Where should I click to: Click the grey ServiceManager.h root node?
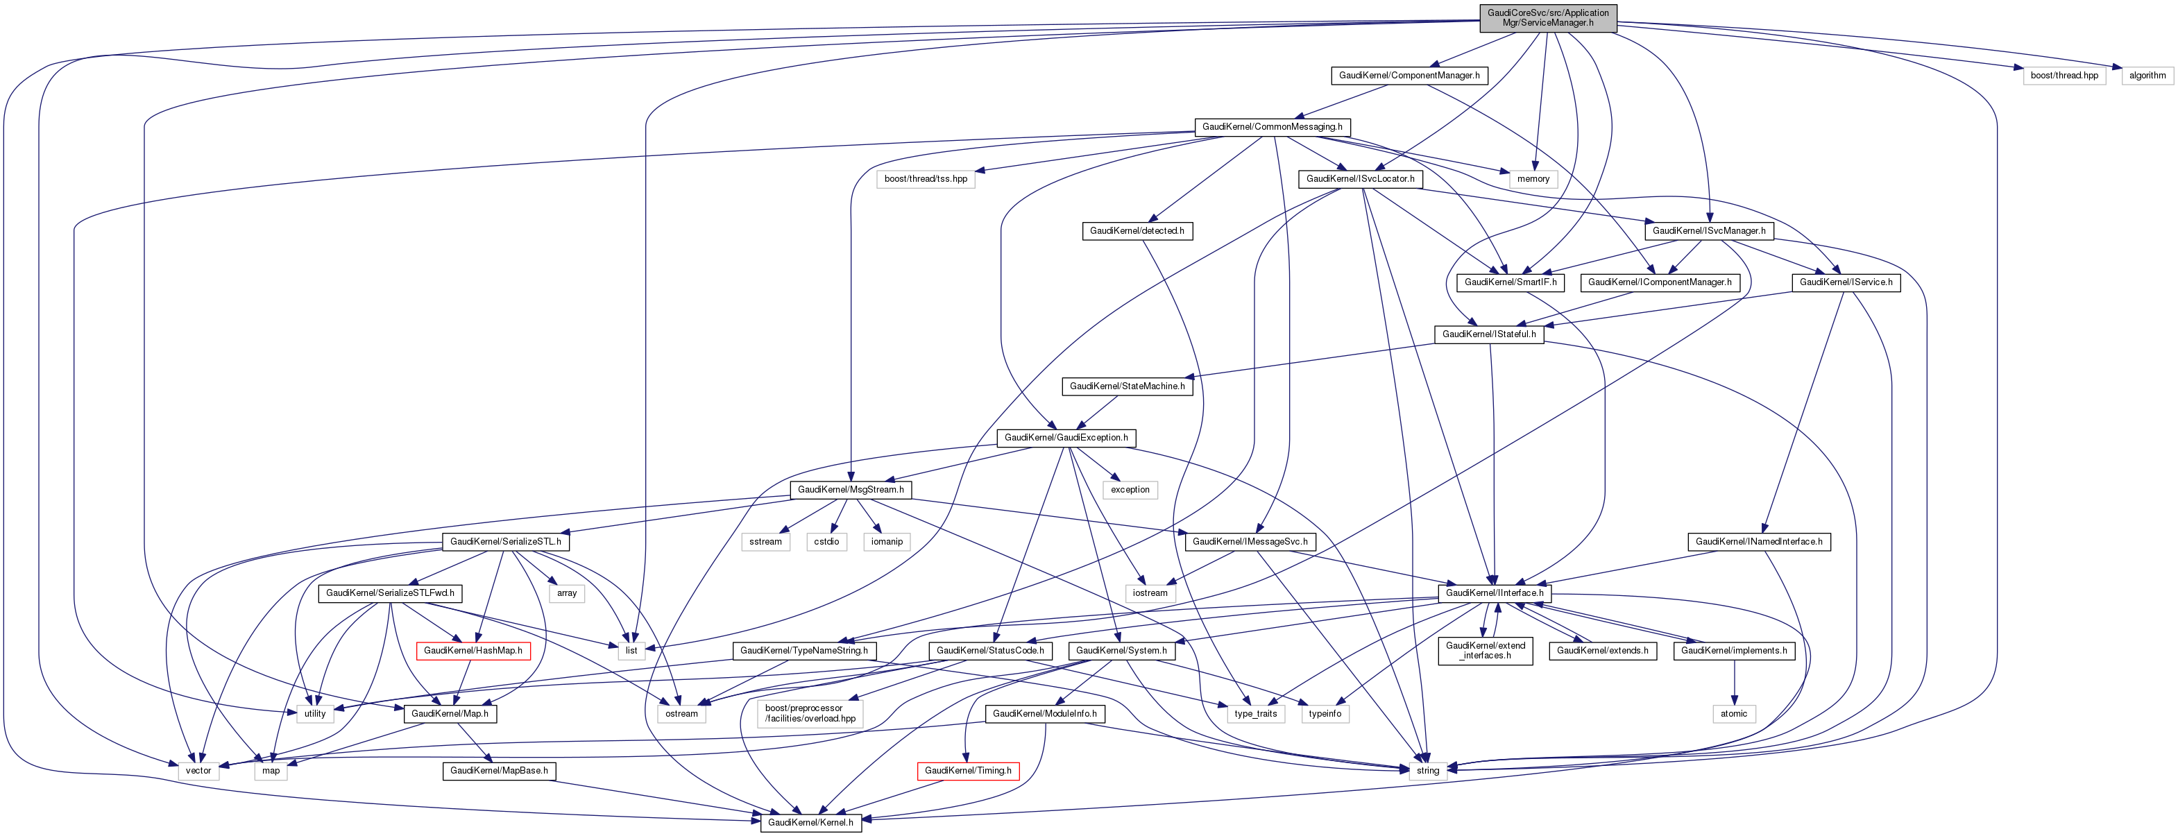(1547, 18)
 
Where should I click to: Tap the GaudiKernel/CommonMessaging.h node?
(1272, 127)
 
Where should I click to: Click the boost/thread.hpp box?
(2064, 75)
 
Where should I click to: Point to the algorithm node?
(2147, 75)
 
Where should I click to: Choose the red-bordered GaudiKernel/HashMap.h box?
(473, 651)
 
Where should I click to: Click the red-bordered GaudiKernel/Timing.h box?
(967, 771)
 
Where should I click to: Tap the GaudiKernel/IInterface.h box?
(1494, 593)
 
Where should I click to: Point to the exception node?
(1130, 489)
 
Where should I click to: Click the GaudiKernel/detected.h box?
(1137, 231)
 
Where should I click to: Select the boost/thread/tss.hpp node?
(925, 179)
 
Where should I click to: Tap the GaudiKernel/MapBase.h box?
(499, 771)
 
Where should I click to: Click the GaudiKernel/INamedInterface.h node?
(1759, 542)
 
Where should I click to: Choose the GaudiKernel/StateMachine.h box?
(1127, 386)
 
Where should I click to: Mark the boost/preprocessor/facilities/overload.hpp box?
(809, 713)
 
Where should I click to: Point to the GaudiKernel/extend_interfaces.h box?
(1485, 651)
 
